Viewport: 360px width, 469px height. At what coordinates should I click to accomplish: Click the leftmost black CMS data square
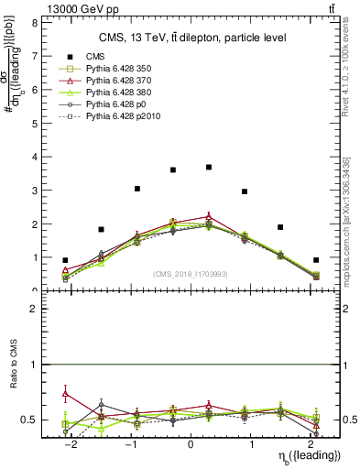65,260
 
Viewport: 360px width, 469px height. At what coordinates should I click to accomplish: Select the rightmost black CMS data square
316,260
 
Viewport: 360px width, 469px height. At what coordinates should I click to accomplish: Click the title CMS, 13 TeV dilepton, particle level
192,38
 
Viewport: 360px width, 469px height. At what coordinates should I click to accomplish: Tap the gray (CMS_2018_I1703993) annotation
191,274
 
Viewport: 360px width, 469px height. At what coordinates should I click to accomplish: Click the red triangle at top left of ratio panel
65,394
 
